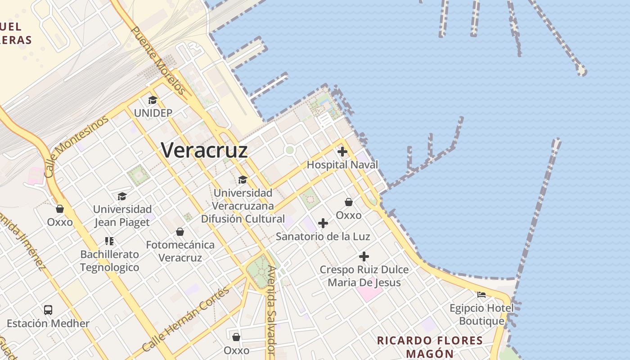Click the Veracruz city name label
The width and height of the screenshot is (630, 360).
tap(205, 150)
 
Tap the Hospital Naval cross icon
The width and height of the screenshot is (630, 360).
tap(342, 152)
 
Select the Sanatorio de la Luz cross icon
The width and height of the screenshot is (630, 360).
tap(323, 223)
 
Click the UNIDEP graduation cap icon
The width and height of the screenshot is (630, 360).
tap(153, 100)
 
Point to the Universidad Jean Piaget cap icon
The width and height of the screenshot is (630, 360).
tap(122, 196)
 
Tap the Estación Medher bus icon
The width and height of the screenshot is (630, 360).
tap(48, 310)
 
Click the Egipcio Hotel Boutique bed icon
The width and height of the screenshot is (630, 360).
tap(481, 295)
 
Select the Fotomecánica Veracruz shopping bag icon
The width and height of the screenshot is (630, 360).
tap(180, 232)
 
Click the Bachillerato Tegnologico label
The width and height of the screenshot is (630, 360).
tap(110, 261)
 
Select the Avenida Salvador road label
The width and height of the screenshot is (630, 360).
tap(271, 310)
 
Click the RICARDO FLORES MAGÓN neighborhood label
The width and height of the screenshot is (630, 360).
tap(430, 346)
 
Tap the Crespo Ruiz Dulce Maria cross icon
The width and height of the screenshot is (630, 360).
tap(364, 256)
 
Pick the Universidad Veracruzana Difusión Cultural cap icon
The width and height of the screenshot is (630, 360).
tap(243, 180)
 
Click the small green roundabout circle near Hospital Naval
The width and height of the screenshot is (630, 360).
tap(290, 150)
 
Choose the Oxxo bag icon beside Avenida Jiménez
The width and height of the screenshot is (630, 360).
tap(60, 209)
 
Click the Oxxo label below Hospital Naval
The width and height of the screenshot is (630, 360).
tap(349, 215)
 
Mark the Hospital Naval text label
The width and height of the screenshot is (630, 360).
tap(342, 165)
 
